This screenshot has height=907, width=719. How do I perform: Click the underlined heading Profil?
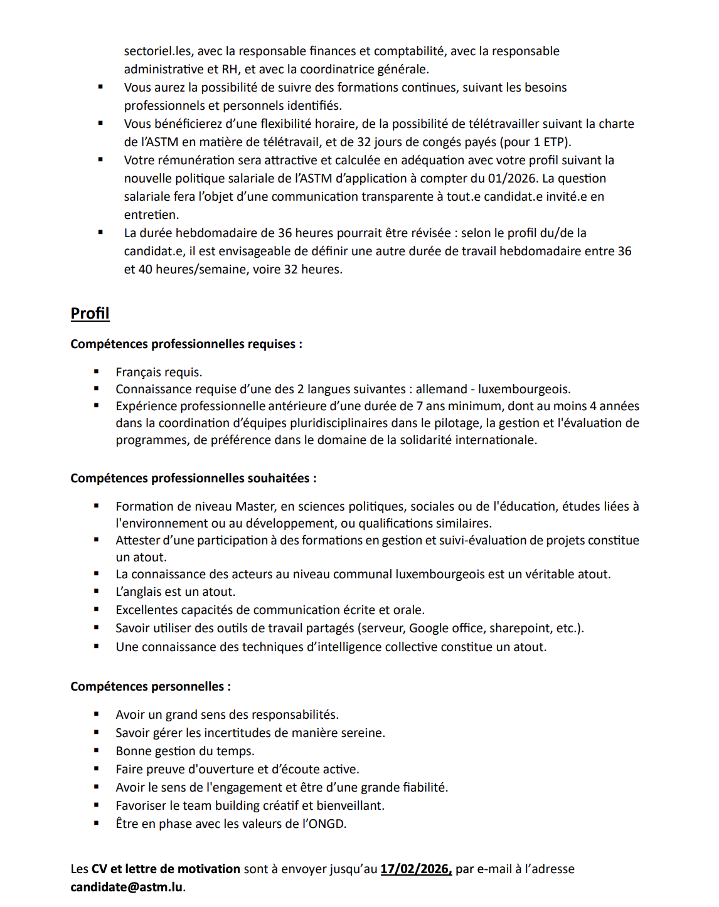coord(90,314)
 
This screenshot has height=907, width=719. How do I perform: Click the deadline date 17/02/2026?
coord(416,869)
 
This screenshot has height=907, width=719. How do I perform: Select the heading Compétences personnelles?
coord(151,686)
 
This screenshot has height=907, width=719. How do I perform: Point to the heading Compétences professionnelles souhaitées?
coord(193,478)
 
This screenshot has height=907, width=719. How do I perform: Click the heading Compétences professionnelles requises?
coord(186,344)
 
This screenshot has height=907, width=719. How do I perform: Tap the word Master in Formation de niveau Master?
coord(255,506)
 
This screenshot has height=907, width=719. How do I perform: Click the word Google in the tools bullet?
coord(429,628)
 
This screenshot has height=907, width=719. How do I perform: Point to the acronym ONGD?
coord(326,824)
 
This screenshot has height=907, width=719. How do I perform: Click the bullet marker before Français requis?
coord(97,372)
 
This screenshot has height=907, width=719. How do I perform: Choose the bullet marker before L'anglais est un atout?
coord(97,591)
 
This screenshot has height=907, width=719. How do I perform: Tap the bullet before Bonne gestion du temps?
coord(97,751)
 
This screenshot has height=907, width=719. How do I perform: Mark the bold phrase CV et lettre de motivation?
coord(166,869)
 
